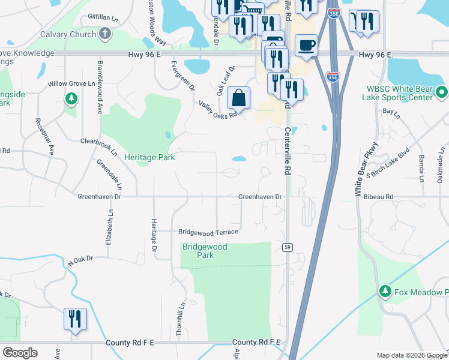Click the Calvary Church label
coord(68,34)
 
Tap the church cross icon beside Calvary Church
coord(105,34)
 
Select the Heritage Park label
coord(149,157)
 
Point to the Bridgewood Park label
coord(205,251)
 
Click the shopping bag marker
coord(238,97)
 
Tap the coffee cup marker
coord(306,46)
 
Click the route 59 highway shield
coord(288,247)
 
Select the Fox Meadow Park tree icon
coord(385,292)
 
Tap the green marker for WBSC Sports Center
coord(442,92)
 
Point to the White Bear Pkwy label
coord(367,170)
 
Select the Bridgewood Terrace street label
coord(208,232)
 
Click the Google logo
coord(20,353)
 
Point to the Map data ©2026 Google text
coord(411,355)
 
